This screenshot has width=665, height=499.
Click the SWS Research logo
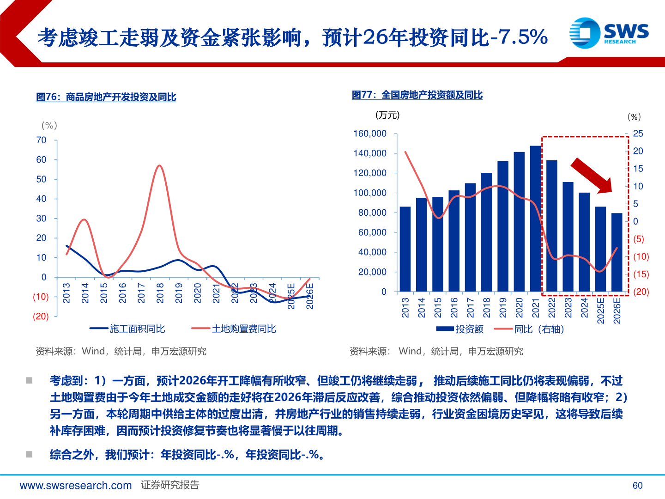(609, 32)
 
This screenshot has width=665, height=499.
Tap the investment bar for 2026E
(617, 252)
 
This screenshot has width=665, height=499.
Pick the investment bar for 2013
(405, 249)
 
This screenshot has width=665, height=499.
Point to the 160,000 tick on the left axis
(369, 134)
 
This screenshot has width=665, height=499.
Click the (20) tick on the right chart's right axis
(641, 292)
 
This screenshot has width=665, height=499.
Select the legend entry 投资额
(460, 329)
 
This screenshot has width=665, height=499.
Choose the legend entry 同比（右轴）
(529, 329)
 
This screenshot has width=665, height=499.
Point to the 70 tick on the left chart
(42, 140)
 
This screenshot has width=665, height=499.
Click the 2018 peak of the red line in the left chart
(159, 165)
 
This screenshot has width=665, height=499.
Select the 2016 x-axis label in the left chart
(122, 293)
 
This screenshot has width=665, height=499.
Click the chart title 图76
(106, 97)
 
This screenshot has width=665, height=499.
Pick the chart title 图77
(417, 95)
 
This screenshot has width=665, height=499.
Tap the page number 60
(637, 486)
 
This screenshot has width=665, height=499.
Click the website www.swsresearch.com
(76, 486)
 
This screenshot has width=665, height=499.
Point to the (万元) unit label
(387, 115)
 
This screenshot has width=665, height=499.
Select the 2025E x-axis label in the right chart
(601, 310)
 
